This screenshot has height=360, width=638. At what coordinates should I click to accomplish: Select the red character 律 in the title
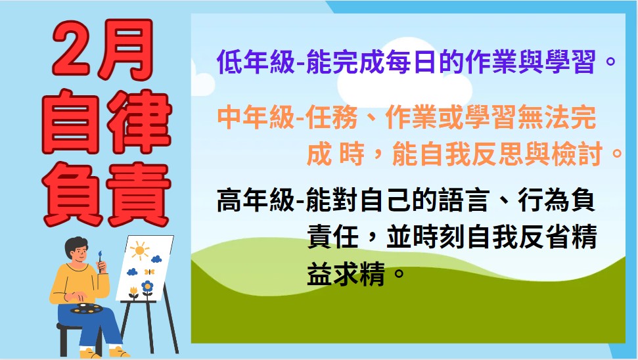(x=139, y=122)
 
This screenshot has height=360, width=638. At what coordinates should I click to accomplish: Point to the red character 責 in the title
(x=139, y=194)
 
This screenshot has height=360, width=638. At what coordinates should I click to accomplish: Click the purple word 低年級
(x=256, y=62)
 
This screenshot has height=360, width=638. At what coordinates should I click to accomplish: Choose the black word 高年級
(x=256, y=200)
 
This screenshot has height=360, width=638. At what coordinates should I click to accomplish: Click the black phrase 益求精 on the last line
(x=346, y=274)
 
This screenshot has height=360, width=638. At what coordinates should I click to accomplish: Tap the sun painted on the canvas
(x=139, y=250)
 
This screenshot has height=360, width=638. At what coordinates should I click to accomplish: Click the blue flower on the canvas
(x=147, y=286)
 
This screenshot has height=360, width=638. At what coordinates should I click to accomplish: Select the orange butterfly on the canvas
(x=149, y=271)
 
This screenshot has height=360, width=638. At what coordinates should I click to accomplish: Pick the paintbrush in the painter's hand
(x=100, y=261)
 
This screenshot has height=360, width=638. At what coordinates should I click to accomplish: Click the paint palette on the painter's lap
(x=87, y=309)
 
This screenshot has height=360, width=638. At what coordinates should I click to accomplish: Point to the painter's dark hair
(x=76, y=245)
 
